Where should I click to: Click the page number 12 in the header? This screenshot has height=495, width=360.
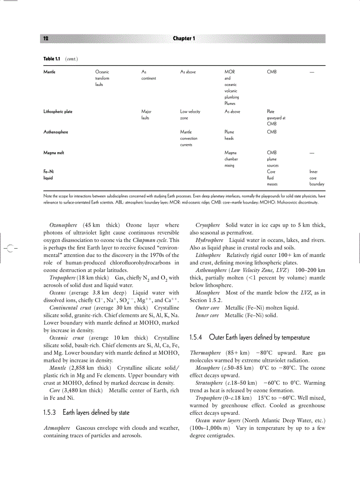point(46,38)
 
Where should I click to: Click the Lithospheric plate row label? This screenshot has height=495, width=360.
point(58,112)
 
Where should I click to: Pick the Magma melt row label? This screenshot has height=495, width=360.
point(54,153)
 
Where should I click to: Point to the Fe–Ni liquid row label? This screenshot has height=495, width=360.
point(49,175)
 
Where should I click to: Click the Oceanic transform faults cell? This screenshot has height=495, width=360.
point(102,78)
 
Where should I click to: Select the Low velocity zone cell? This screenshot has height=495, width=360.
point(190,115)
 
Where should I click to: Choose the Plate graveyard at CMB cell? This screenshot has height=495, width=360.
point(276,118)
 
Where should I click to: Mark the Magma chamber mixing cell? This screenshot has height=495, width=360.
point(231,159)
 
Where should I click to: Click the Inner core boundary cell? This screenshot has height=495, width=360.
point(316,178)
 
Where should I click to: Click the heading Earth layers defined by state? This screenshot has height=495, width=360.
point(86,413)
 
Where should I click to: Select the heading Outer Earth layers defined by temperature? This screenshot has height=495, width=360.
point(250,337)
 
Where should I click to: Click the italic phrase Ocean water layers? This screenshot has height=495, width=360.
point(218,421)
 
